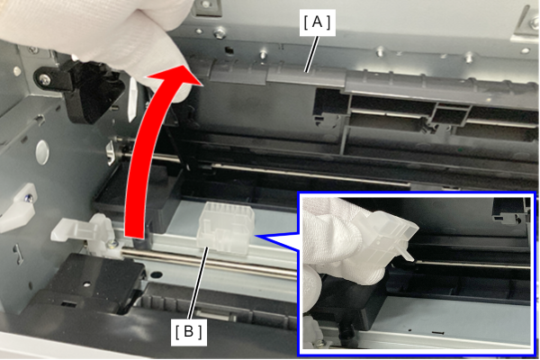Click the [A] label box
tap(317, 22)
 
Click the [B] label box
tap(189, 332)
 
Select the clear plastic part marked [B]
tap(226, 228)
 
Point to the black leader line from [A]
tap(311, 54)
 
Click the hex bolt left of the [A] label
tap(219, 34)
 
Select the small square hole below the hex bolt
tap(229, 50)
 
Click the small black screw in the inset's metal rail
tap(437, 333)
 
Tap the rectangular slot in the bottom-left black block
tap(68, 304)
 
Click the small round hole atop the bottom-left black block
tap(86, 284)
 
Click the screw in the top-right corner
tap(534, 22)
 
